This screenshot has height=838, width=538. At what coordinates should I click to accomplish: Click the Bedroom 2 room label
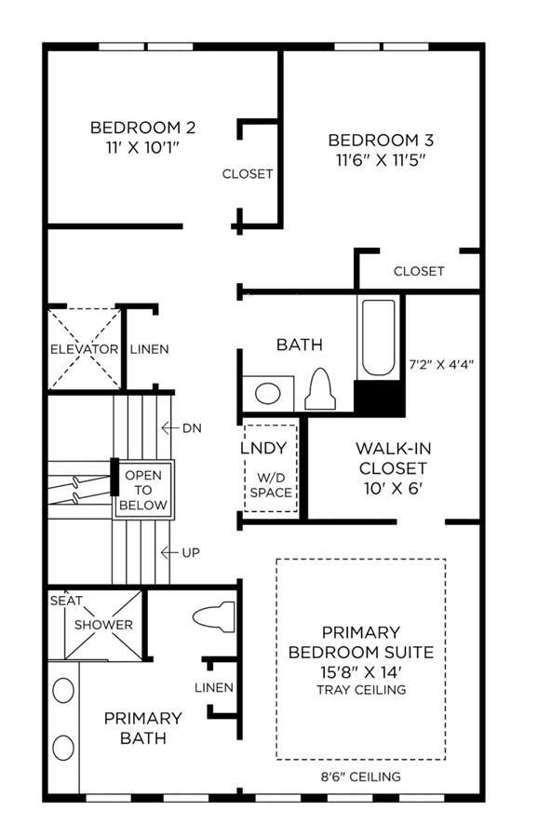coord(142,128)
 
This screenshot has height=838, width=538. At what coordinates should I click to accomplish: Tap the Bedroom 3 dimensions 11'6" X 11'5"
coord(381,160)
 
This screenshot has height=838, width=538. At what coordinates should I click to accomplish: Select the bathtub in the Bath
coord(379,337)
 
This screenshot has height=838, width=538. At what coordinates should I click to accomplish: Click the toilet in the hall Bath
coord(320,388)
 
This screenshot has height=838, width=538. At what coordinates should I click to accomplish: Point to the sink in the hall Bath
coord(268,394)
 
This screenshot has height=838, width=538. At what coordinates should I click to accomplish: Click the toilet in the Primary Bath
coord(214,616)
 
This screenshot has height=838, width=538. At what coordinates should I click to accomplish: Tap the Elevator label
coord(85,349)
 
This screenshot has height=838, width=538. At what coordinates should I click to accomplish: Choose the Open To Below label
coord(143,490)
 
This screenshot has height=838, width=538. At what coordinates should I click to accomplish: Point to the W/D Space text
coord(271,485)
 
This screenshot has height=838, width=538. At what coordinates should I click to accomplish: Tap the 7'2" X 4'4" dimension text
coord(441,365)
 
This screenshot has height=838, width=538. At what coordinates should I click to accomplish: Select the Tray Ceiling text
coord(361,690)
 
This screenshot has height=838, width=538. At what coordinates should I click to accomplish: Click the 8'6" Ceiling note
coord(360,777)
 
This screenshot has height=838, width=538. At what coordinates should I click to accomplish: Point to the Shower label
coord(103,625)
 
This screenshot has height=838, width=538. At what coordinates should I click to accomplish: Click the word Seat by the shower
coord(66,601)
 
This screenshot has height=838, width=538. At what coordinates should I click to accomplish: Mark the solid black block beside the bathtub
coord(380,399)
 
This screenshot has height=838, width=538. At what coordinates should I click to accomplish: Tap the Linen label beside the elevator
coord(150,349)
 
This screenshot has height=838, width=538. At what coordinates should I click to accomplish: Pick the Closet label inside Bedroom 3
coord(419,272)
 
